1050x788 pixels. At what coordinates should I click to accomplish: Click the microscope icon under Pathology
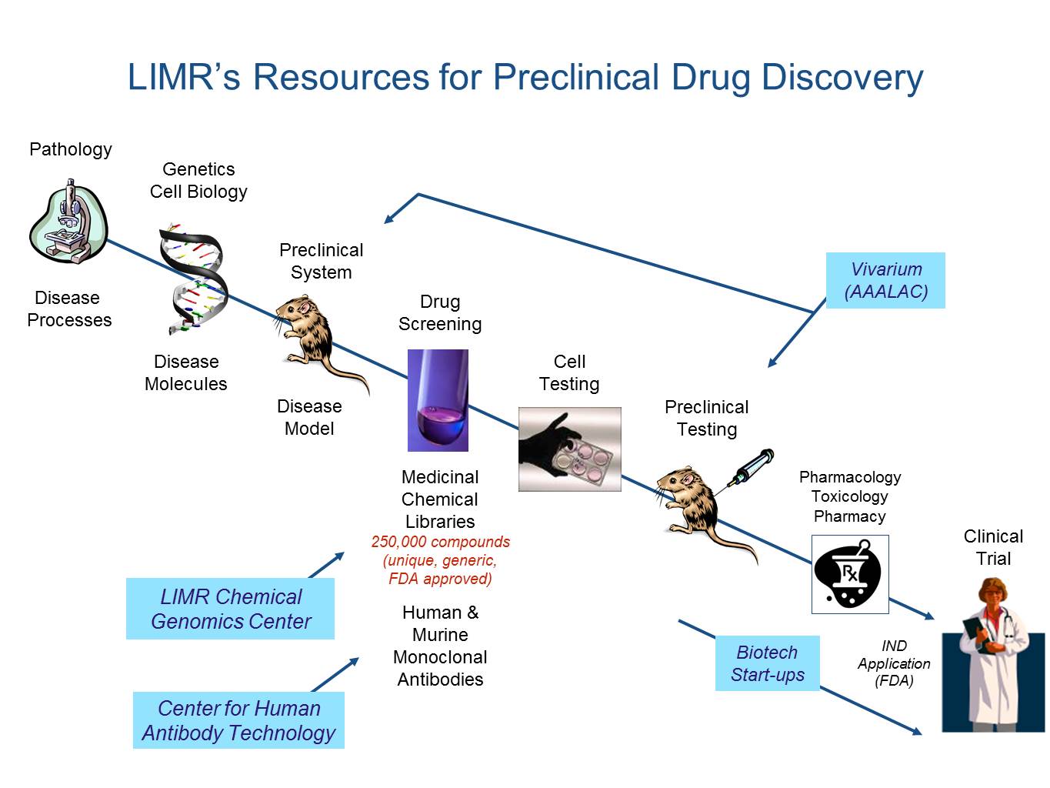click(69, 221)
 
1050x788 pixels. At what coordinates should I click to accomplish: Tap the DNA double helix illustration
click(194, 278)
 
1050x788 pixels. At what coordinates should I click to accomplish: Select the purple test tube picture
click(438, 400)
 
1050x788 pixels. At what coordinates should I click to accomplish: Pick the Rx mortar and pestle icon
click(850, 574)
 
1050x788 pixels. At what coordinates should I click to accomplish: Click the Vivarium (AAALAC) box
click(885, 280)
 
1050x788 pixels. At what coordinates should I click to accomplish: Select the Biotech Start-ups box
click(767, 663)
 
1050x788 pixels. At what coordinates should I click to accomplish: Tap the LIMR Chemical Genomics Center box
click(230, 609)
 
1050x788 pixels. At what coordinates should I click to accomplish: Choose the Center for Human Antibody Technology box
click(238, 720)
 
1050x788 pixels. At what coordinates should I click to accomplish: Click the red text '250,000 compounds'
click(441, 542)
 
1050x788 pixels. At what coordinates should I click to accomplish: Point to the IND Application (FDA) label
click(894, 663)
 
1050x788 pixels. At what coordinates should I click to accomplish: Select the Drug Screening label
click(440, 313)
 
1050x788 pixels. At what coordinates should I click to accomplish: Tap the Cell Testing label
click(569, 372)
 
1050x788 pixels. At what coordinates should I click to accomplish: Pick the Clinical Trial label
click(993, 547)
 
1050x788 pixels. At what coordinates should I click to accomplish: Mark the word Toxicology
click(849, 496)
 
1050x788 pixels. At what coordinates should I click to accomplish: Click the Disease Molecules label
click(186, 372)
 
